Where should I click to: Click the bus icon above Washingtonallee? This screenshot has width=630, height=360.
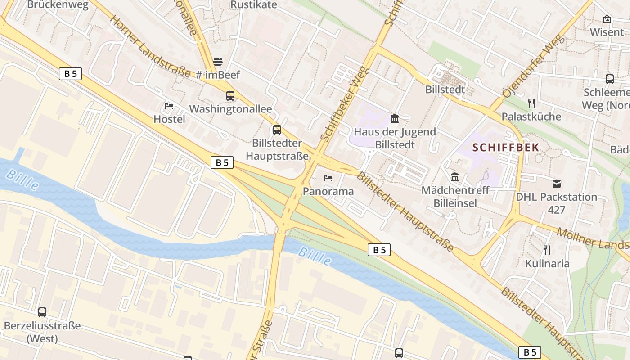(230, 95)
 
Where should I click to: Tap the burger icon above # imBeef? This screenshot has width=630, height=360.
(218, 61)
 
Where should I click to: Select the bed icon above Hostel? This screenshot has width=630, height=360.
(169, 106)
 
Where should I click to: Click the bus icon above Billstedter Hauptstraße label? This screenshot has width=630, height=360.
(277, 130)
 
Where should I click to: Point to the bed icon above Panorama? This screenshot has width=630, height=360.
(328, 178)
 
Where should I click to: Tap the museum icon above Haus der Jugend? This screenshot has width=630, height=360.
(395, 118)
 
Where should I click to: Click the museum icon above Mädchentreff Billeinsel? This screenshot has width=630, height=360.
(455, 177)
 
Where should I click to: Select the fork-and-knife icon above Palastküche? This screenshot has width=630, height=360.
(531, 103)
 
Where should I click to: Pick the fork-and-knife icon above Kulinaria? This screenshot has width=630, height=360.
(547, 250)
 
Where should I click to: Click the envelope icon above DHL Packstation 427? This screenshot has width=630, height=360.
(557, 184)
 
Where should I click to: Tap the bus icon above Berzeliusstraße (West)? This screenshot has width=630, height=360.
(42, 312)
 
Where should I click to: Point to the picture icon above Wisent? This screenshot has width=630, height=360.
(607, 19)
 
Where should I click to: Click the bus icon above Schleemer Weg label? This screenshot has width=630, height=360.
(610, 79)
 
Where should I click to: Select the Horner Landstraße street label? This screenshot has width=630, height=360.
(150, 47)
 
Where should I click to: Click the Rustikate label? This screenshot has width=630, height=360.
(254, 5)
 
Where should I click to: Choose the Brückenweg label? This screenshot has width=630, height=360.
(58, 5)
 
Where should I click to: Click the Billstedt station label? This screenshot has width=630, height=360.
(445, 90)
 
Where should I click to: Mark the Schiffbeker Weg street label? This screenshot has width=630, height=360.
(346, 103)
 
